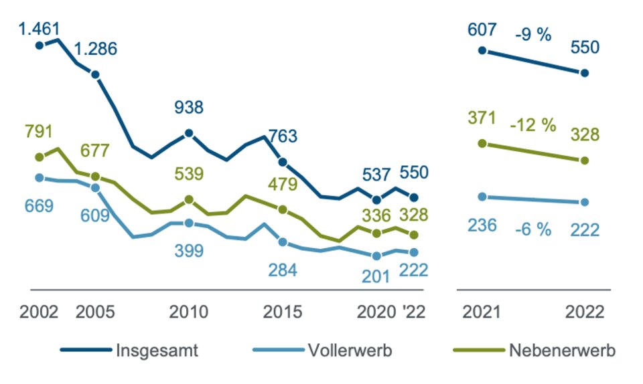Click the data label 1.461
click(39, 29)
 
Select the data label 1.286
click(96, 49)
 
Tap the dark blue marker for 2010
click(189, 133)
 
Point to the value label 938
click(189, 108)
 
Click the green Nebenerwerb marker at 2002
click(39, 157)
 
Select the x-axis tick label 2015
click(283, 312)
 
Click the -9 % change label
click(533, 35)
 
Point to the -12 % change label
click(533, 125)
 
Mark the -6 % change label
click(533, 229)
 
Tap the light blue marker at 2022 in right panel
click(585, 202)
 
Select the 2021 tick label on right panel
click(482, 312)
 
